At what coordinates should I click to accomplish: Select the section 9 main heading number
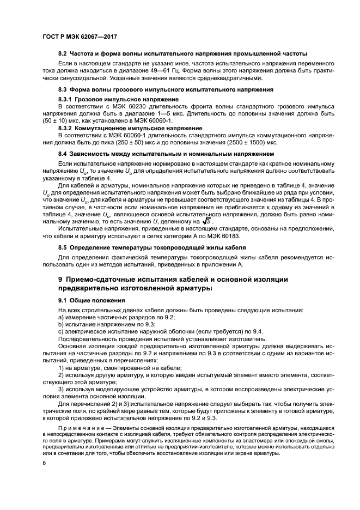click(61, 279)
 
